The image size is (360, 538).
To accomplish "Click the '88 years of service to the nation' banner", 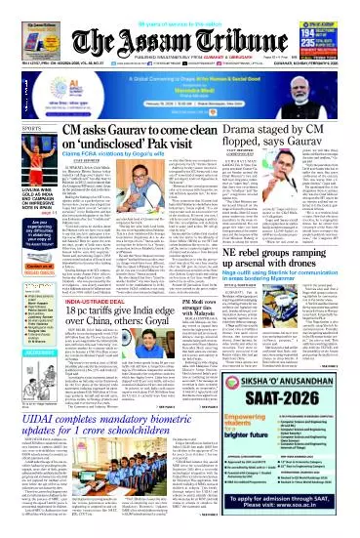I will point(180,6).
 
